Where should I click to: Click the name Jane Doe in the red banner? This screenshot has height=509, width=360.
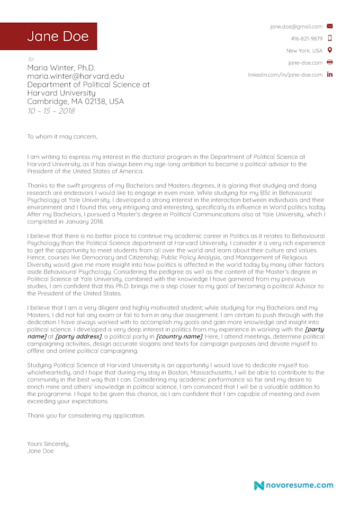point(58,37)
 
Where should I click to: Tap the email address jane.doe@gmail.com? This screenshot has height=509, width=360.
point(296,26)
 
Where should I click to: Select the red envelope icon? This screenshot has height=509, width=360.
point(330,26)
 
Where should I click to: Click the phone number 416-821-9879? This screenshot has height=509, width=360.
point(307,39)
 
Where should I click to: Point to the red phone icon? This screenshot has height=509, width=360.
point(330,38)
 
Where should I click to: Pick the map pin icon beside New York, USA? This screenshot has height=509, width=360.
point(330,50)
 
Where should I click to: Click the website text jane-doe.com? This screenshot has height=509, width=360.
point(305,63)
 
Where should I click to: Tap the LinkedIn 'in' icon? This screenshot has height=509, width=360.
point(330,75)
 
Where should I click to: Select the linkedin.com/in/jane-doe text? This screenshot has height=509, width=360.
point(285,75)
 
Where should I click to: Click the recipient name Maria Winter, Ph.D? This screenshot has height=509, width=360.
point(61,68)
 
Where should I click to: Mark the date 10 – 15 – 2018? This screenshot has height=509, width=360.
point(51,111)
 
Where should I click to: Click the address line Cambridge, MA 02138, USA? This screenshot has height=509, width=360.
point(75,102)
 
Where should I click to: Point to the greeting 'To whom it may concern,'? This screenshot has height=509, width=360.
point(62,137)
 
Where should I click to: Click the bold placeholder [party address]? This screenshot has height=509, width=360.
point(79,336)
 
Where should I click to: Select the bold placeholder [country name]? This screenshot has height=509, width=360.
point(179,336)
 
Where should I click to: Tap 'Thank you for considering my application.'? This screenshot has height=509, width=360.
point(86,415)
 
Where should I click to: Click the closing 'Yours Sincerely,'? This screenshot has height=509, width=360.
point(48,443)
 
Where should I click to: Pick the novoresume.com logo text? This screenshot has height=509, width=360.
point(299,485)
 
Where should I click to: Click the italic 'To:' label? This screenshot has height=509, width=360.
point(31,59)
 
